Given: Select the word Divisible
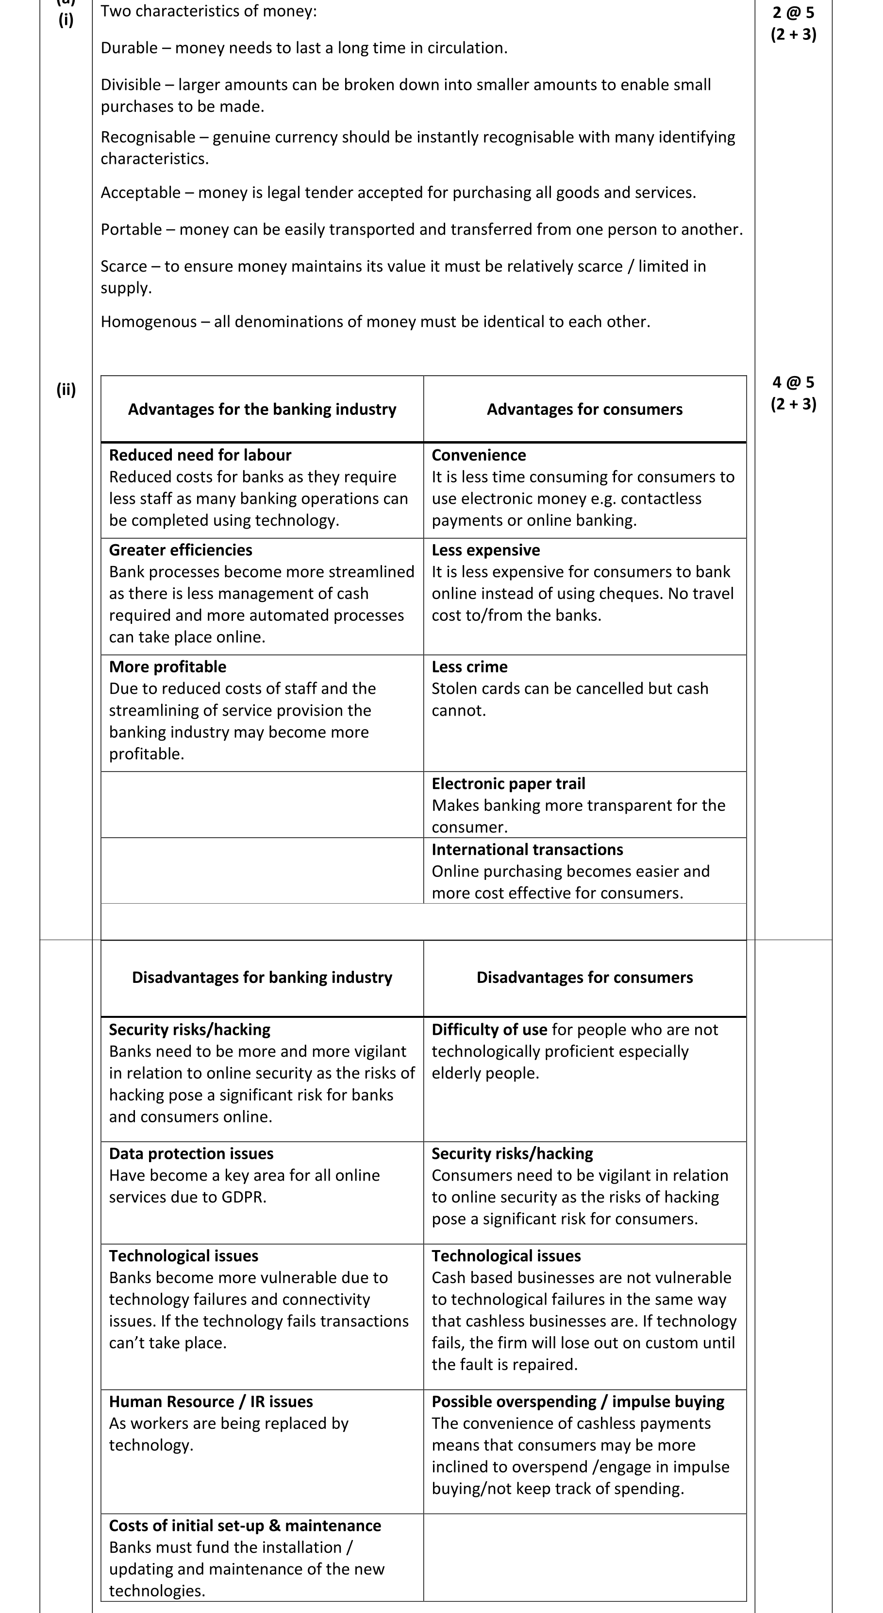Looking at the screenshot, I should (x=131, y=85).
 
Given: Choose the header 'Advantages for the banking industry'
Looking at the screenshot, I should (x=262, y=410).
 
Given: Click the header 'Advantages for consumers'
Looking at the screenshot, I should (x=584, y=410).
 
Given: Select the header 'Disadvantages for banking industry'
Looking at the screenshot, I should (x=262, y=978).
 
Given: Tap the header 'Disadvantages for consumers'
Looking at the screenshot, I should (x=584, y=978).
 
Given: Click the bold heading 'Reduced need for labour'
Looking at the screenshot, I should (x=200, y=455).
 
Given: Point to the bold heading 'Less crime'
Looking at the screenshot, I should (x=469, y=667).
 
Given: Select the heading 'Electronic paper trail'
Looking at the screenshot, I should (x=508, y=784).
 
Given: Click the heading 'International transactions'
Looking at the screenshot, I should (x=527, y=850).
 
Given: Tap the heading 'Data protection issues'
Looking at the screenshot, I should (x=191, y=1153).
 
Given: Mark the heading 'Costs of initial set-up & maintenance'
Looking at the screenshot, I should (x=245, y=1526).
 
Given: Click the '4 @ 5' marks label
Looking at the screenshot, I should (x=793, y=382).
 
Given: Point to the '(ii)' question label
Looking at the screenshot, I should (x=66, y=390).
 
